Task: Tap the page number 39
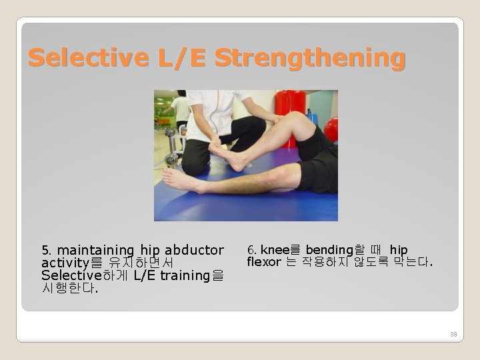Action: (x=453, y=333)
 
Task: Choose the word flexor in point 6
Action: (x=264, y=262)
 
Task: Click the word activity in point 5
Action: (x=65, y=263)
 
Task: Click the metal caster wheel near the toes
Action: (x=171, y=159)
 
